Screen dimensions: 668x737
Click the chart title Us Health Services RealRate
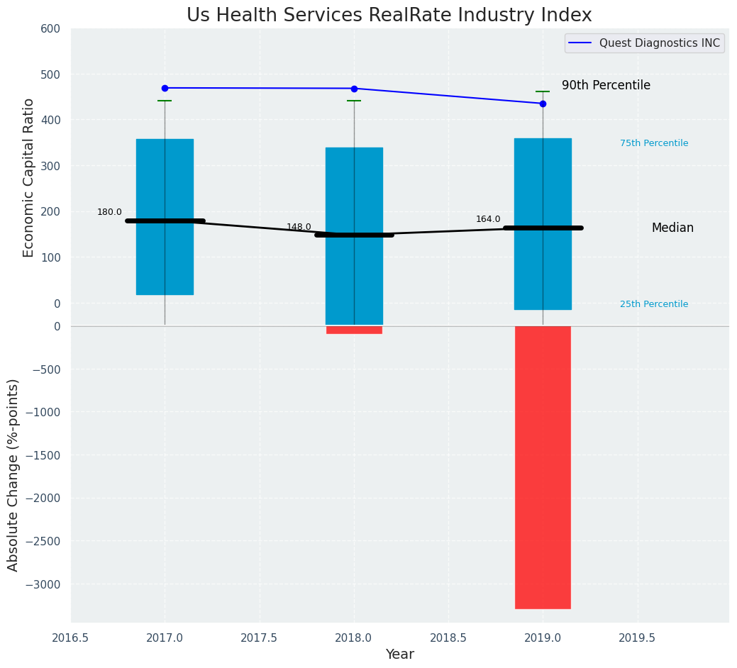(389, 16)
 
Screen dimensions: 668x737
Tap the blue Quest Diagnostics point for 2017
(165, 88)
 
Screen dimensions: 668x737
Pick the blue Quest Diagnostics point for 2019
(543, 104)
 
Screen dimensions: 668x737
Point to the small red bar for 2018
(354, 330)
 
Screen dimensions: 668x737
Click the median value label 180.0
(109, 212)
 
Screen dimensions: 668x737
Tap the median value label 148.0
(299, 227)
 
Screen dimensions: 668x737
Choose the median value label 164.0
(488, 219)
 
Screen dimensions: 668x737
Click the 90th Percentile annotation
(606, 85)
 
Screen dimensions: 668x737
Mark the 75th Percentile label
(654, 143)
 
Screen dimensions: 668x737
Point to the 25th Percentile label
(654, 304)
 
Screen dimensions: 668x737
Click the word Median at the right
(672, 228)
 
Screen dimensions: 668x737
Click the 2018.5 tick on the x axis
(448, 638)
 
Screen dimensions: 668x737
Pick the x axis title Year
(400, 655)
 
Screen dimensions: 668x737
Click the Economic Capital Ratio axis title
(28, 177)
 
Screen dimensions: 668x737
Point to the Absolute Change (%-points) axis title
(13, 474)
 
